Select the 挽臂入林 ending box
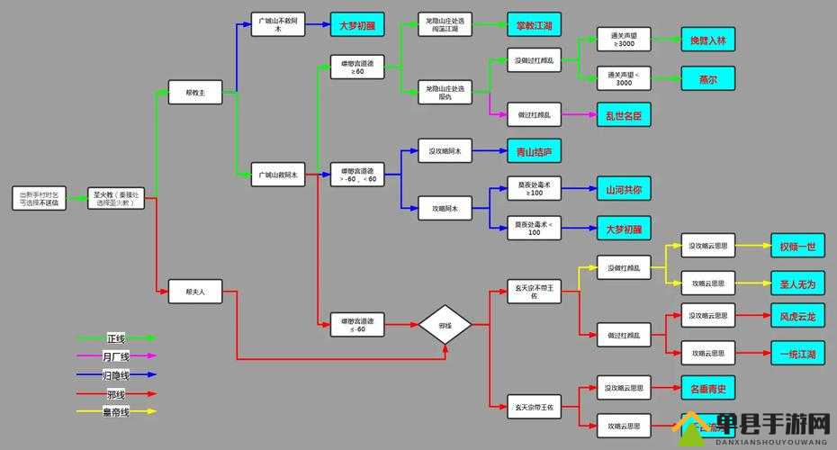[707, 41]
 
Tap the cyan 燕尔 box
[707, 78]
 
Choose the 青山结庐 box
[534, 152]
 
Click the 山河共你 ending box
[623, 190]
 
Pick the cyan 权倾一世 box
[797, 246]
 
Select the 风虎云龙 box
[797, 316]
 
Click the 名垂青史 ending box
[708, 388]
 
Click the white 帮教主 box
[194, 92]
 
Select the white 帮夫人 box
[194, 291]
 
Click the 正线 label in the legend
[116, 338]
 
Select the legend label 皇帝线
[116, 411]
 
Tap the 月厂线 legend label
[116, 356]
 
